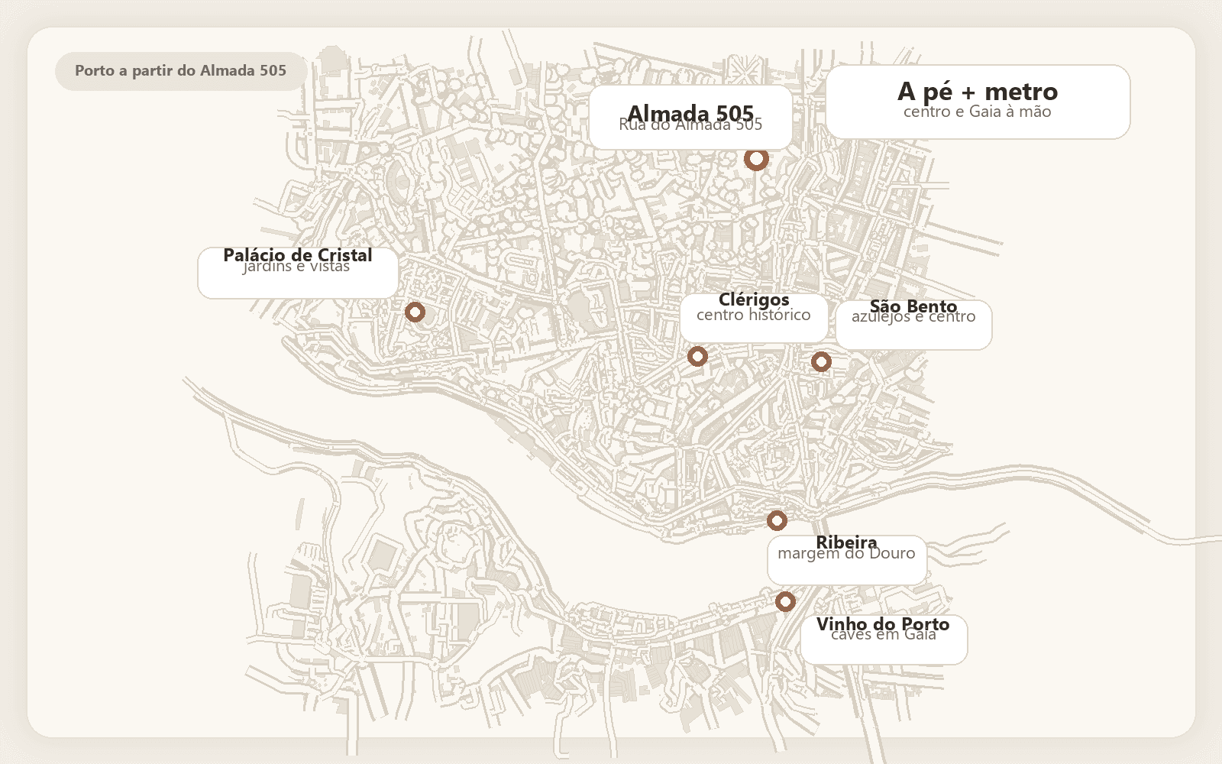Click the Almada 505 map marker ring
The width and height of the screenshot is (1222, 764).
click(x=756, y=159)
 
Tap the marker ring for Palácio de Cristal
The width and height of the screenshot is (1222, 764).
click(x=415, y=312)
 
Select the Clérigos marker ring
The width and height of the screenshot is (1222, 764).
click(x=697, y=356)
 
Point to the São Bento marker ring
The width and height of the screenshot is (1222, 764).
click(x=821, y=361)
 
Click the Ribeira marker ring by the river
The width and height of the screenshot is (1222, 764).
click(x=777, y=520)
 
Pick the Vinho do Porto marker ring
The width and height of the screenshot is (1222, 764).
click(x=785, y=601)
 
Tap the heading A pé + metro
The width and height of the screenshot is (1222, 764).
click(x=977, y=92)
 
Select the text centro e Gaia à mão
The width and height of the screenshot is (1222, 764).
click(x=977, y=112)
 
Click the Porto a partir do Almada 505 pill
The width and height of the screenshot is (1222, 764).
click(x=181, y=71)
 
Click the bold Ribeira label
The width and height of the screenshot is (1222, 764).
click(x=846, y=541)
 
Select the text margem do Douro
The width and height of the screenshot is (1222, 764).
click(x=846, y=555)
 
